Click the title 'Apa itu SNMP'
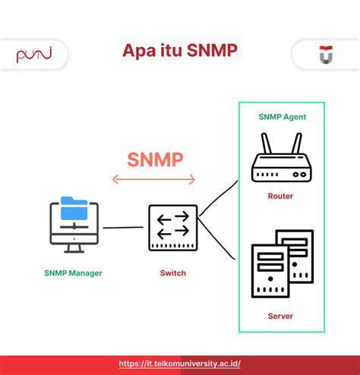[180, 52]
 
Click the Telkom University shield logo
[325, 54]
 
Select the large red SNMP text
[155, 159]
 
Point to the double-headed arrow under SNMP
[154, 180]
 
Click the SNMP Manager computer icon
[74, 225]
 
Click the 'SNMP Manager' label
[74, 273]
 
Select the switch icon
[172, 227]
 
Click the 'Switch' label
[172, 273]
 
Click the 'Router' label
[280, 196]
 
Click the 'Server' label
[280, 316]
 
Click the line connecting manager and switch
[123, 227]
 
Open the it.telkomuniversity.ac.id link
[180, 364]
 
